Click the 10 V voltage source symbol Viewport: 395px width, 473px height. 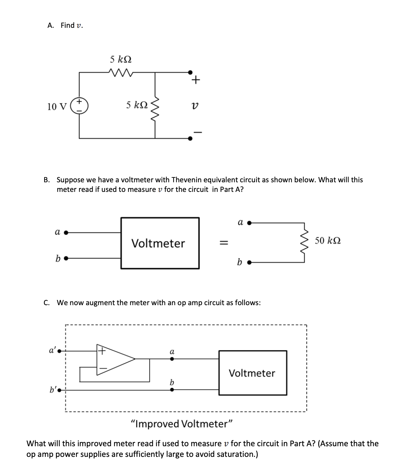[x=80, y=106]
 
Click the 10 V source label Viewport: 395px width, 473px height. [x=57, y=106]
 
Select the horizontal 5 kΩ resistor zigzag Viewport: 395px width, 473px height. [x=117, y=72]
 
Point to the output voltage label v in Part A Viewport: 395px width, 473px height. [x=195, y=107]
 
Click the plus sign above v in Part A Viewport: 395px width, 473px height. [x=195, y=80]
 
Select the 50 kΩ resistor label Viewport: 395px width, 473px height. [x=327, y=241]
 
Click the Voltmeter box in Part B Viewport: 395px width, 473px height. [x=160, y=243]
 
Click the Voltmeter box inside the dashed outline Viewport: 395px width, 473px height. [x=253, y=373]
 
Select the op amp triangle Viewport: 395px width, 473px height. [x=115, y=359]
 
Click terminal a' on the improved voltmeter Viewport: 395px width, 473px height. [x=59, y=351]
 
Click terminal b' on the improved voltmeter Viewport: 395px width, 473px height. [x=59, y=390]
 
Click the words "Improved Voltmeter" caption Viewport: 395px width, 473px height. [x=182, y=424]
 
